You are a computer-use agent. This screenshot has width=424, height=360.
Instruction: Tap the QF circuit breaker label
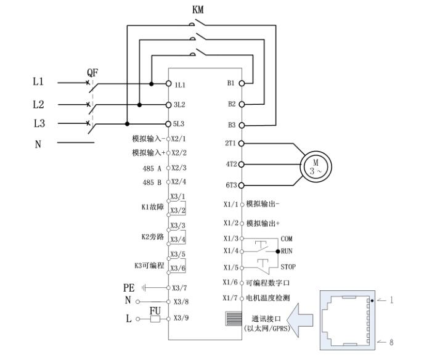point(92,72)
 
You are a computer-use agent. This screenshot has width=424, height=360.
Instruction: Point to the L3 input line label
point(38,123)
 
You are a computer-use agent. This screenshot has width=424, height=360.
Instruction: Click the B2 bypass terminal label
point(232,104)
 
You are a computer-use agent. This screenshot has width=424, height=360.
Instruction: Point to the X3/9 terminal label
point(181,319)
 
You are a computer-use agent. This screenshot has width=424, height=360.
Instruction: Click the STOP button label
point(288,268)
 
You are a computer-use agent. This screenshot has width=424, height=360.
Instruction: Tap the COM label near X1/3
point(287,238)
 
